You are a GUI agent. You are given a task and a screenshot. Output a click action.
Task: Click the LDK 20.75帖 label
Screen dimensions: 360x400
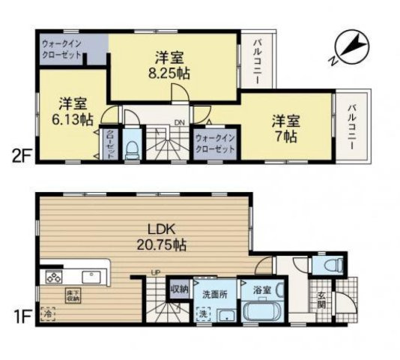coord(162,235)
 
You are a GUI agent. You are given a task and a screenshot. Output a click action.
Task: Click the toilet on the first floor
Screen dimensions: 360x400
coord(331,265)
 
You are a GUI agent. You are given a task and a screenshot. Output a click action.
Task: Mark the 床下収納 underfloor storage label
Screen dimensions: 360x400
coord(72,296)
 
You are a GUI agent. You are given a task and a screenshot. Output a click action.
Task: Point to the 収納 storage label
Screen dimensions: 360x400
coord(179,286)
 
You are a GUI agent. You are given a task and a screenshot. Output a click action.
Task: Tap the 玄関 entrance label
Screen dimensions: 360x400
coord(320,299)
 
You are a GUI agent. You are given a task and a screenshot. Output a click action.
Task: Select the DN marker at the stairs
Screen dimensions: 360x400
coord(180,122)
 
